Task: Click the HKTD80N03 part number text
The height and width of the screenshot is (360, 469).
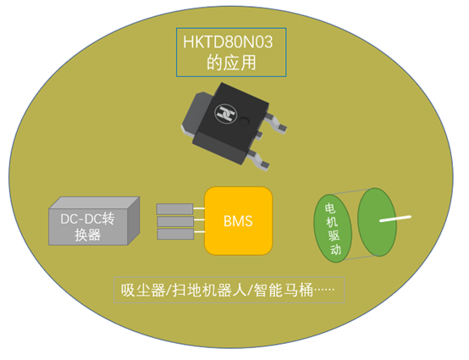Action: coord(228,42)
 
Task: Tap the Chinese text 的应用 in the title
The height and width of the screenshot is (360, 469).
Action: coord(231,62)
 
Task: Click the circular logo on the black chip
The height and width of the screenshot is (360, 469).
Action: coord(226,114)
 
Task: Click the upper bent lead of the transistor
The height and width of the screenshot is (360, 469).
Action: coord(276,123)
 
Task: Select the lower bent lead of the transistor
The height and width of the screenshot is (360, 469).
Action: coord(258,160)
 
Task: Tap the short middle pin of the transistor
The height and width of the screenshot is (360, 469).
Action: coord(259,135)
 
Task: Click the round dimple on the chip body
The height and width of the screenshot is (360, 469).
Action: coord(245,120)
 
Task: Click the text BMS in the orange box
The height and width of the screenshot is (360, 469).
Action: coord(238,221)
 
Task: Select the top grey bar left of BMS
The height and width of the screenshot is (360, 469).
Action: coord(175,209)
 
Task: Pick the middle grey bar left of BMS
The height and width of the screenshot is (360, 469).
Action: coord(175,222)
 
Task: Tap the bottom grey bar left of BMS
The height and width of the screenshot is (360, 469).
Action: coord(175,235)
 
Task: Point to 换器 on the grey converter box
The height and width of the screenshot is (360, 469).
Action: coord(88,235)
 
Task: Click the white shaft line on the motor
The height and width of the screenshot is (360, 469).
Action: coord(395,219)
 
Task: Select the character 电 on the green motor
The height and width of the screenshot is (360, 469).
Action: coord(330,208)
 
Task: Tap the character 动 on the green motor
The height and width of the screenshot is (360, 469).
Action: coord(335,249)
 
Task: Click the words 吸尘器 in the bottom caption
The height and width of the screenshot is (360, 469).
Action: coord(143,290)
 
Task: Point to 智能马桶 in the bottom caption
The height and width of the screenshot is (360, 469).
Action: coord(284,290)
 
